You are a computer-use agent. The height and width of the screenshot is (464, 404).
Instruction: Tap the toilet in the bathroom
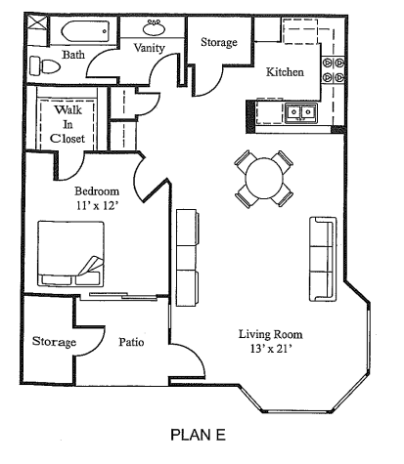(x=39, y=65)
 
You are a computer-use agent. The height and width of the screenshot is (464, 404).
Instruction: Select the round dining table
(x=263, y=178)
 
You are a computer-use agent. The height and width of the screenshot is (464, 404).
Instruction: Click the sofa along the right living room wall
(x=322, y=258)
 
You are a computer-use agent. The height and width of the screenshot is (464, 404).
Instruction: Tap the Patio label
(x=132, y=343)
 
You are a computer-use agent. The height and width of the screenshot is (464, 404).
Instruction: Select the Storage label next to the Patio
(x=54, y=343)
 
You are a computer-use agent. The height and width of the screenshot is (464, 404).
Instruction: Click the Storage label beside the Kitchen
(x=219, y=43)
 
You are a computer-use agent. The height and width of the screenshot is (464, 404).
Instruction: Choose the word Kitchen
(x=285, y=72)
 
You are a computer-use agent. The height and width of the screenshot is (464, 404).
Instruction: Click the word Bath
(x=74, y=57)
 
